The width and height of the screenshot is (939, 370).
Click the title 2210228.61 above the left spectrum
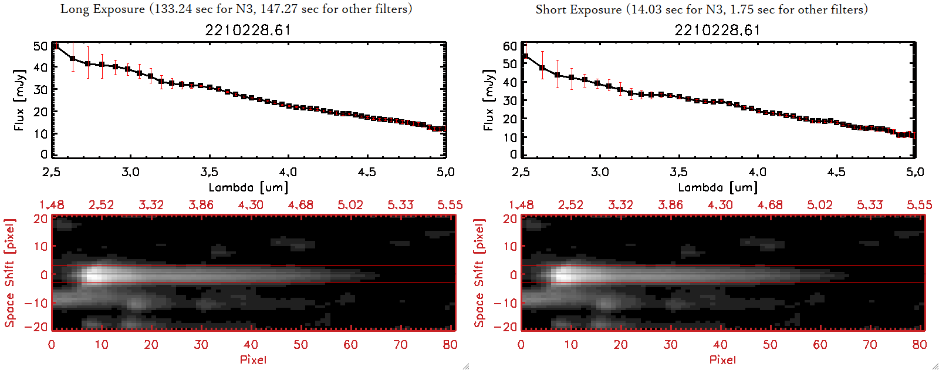click(x=248, y=30)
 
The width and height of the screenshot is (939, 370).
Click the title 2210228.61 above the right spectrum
click(x=717, y=30)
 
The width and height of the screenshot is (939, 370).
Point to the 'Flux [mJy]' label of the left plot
click(x=19, y=100)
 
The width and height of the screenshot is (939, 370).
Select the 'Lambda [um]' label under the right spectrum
click(x=718, y=187)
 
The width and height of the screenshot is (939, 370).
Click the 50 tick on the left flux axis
click(x=40, y=46)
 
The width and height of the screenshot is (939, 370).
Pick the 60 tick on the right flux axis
click(x=510, y=46)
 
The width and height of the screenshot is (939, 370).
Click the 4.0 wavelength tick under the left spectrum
click(x=288, y=172)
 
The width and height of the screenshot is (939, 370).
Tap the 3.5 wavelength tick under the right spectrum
click(x=678, y=172)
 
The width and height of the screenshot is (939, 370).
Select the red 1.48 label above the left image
click(x=52, y=205)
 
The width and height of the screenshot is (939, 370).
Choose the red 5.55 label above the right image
click(x=919, y=205)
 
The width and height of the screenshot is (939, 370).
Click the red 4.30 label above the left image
click(x=251, y=205)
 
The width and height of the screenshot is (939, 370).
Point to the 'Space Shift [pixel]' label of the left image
click(x=9, y=273)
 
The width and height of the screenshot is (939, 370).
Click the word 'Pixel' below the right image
click(x=722, y=359)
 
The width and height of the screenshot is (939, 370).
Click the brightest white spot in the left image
click(x=96, y=274)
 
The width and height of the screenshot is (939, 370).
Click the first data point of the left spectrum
click(x=56, y=46)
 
